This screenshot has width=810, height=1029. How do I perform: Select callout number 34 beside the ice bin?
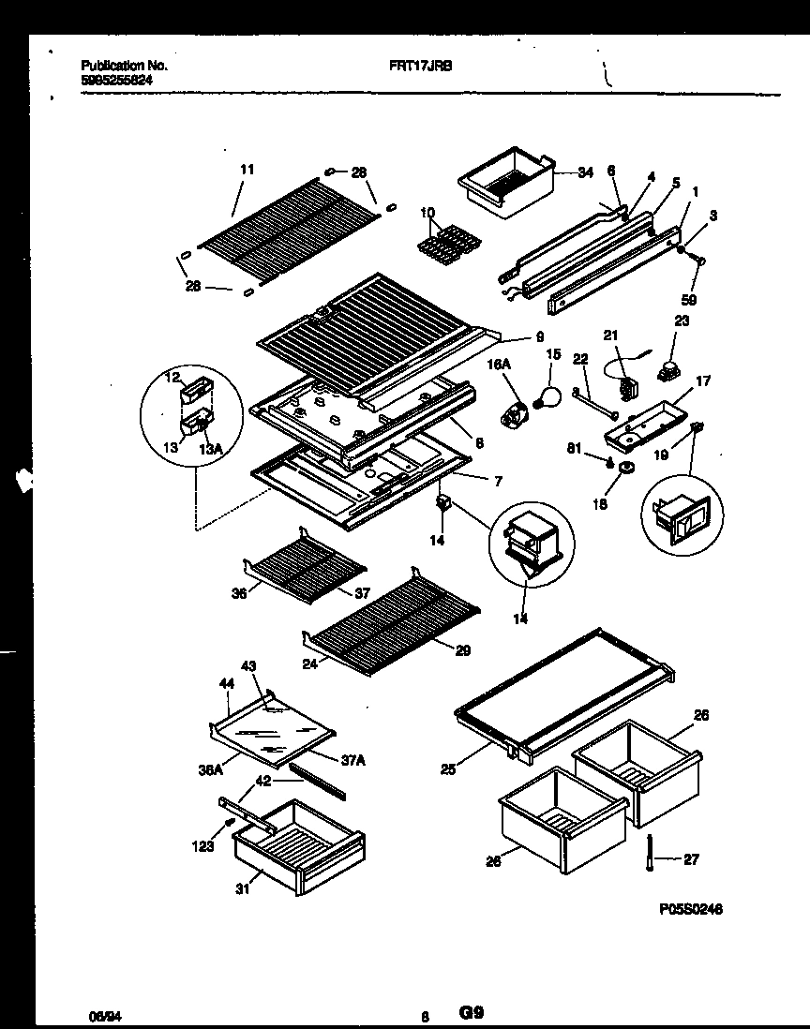click(x=586, y=172)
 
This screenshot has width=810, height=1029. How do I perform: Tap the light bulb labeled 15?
click(x=547, y=394)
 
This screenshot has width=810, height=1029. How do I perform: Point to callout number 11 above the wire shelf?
click(x=247, y=170)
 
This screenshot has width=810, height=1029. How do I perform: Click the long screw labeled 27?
click(x=647, y=854)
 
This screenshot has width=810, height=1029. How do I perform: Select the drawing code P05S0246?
click(x=689, y=909)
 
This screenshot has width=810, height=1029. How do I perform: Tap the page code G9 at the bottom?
click(x=472, y=1012)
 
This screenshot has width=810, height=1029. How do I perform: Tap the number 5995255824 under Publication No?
click(x=116, y=81)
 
